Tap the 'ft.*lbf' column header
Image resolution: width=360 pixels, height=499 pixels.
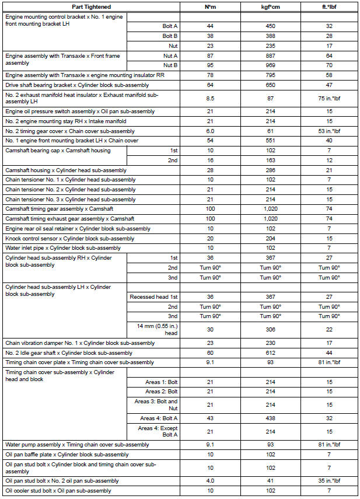[328, 6]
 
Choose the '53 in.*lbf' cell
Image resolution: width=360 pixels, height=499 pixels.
[328, 131]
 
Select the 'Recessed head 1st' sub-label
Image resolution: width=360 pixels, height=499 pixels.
[153, 296]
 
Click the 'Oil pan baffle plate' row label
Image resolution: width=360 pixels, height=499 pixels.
[67, 454]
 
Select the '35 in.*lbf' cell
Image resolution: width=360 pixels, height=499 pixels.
[328, 480]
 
